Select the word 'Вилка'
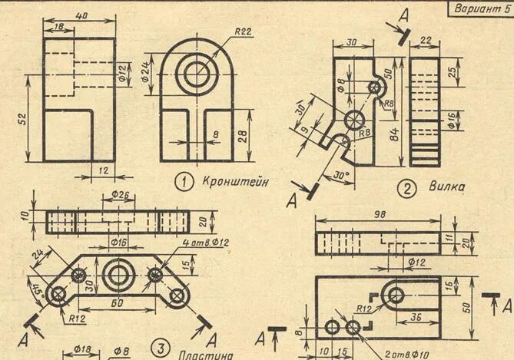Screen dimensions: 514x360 click(445, 187)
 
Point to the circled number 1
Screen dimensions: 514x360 click(184, 181)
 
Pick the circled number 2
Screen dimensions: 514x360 click(404, 187)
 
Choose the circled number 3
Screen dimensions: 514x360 click(160, 348)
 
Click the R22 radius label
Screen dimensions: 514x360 click(244, 31)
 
